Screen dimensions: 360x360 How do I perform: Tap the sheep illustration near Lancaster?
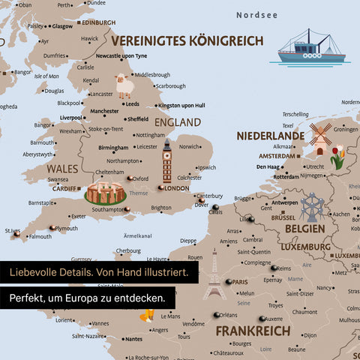124,85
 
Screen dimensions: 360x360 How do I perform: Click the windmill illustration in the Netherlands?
320,138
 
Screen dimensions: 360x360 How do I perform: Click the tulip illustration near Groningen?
337,158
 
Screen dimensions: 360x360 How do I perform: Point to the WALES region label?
63,169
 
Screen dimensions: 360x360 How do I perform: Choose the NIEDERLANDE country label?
271,136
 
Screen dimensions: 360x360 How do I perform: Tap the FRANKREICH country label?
252,331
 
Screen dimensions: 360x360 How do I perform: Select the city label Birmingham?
113,148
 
